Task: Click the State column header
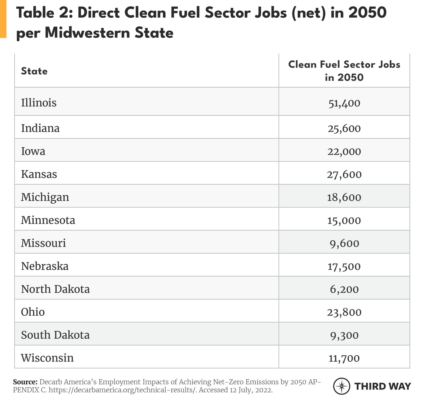coord(34,71)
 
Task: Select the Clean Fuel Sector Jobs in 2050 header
coord(344,71)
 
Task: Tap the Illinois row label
coord(39,102)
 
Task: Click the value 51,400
coord(344,103)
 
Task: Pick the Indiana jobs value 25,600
coord(344,128)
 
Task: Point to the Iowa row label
coord(33,151)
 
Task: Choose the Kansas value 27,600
coord(344,174)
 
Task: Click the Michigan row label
coord(45,197)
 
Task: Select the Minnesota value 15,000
coord(344,221)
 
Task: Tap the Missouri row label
coord(43,243)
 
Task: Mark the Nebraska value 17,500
coord(344,266)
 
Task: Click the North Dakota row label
coord(55,289)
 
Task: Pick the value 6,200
coord(344,289)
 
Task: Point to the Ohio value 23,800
coord(344,312)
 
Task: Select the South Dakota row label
coord(55,335)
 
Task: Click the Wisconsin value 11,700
coord(344,358)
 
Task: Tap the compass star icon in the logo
coord(342,386)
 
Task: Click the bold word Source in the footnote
coord(25,382)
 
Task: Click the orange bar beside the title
coord(3,19)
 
